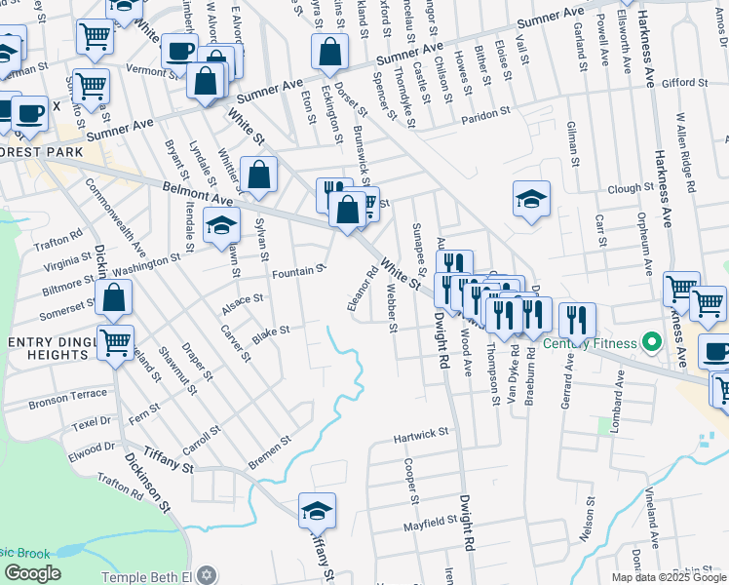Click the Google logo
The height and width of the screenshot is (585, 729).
click(x=31, y=573)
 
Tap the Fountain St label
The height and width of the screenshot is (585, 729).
click(x=298, y=270)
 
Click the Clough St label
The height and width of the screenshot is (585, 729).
click(x=629, y=187)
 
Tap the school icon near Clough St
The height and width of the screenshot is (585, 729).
click(x=532, y=202)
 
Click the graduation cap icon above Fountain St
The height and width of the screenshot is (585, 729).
click(x=222, y=227)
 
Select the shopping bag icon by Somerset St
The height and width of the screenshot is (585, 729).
click(x=114, y=298)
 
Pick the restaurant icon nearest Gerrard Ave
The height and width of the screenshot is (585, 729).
click(x=577, y=319)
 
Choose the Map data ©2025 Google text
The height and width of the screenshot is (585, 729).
click(x=669, y=577)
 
